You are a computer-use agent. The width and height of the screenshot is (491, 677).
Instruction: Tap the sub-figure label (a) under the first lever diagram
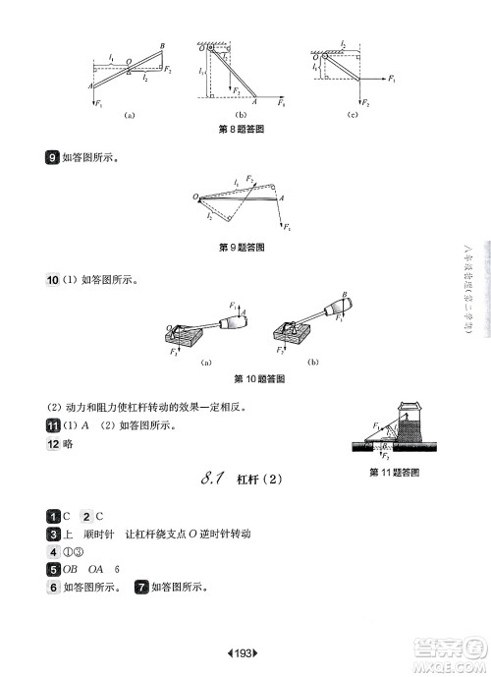click(129, 115)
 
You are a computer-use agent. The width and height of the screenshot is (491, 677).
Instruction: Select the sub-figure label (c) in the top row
click(353, 115)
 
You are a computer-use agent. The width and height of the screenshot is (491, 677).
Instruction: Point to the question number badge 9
click(51, 155)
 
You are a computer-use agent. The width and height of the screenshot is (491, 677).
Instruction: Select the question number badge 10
click(53, 279)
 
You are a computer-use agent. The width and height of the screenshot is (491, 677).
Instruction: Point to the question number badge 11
click(53, 425)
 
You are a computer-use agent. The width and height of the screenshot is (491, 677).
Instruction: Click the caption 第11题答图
click(394, 473)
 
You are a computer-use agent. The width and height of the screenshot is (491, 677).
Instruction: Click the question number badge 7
click(142, 587)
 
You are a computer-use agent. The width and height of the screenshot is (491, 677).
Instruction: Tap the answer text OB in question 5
click(71, 569)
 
